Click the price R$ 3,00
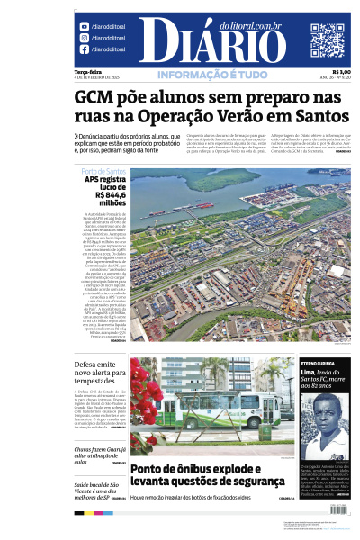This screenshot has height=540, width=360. pyautogui.click(x=341, y=72)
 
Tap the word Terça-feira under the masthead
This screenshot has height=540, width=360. pyautogui.click(x=87, y=72)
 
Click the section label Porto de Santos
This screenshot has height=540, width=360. pyautogui.click(x=103, y=171)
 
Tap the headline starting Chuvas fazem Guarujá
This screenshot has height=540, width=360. pyautogui.click(x=98, y=451)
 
